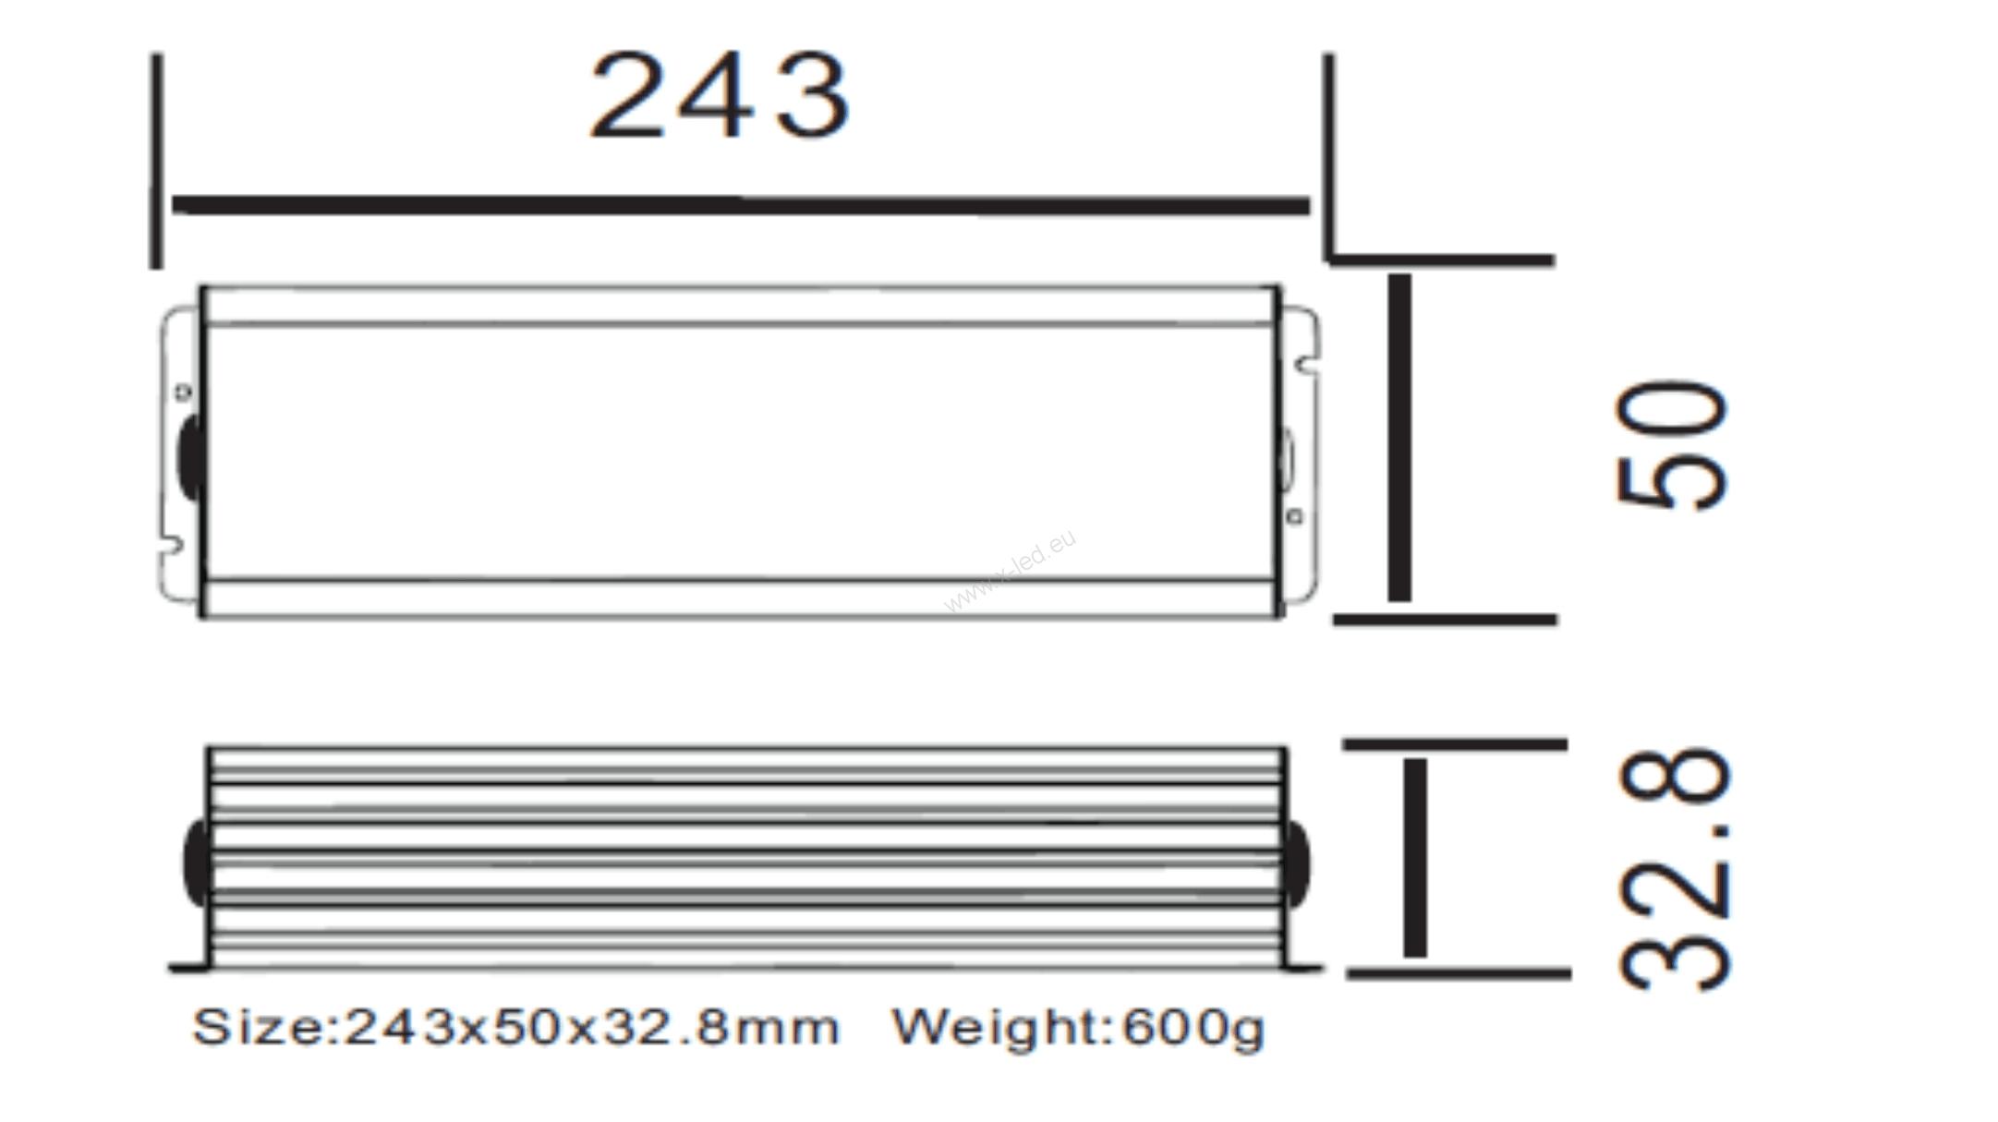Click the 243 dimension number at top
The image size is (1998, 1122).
tap(719, 96)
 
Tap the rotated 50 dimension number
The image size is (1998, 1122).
tap(1671, 444)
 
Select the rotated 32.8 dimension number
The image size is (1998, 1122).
tap(1673, 869)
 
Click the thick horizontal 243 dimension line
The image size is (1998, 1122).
tap(740, 204)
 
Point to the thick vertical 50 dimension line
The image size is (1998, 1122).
tap(1399, 438)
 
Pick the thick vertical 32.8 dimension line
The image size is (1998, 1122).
tap(1415, 858)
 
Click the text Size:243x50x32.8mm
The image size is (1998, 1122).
tap(515, 1027)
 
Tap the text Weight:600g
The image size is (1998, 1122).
tap(1077, 1028)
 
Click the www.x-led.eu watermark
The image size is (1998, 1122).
tap(1010, 570)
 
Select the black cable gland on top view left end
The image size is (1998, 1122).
tap(190, 458)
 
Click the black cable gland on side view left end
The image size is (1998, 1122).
tap(196, 863)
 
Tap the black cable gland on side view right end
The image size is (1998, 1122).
tap(1296, 864)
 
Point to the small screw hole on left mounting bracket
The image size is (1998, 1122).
tap(183, 392)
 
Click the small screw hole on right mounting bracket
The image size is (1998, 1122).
tap(1295, 516)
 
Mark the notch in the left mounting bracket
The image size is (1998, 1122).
tap(172, 545)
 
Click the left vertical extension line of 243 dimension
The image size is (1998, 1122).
tap(156, 162)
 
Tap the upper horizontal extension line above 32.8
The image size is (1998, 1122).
tap(1455, 743)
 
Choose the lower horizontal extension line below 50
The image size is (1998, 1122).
tap(1446, 620)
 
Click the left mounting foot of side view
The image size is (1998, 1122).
tap(188, 968)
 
